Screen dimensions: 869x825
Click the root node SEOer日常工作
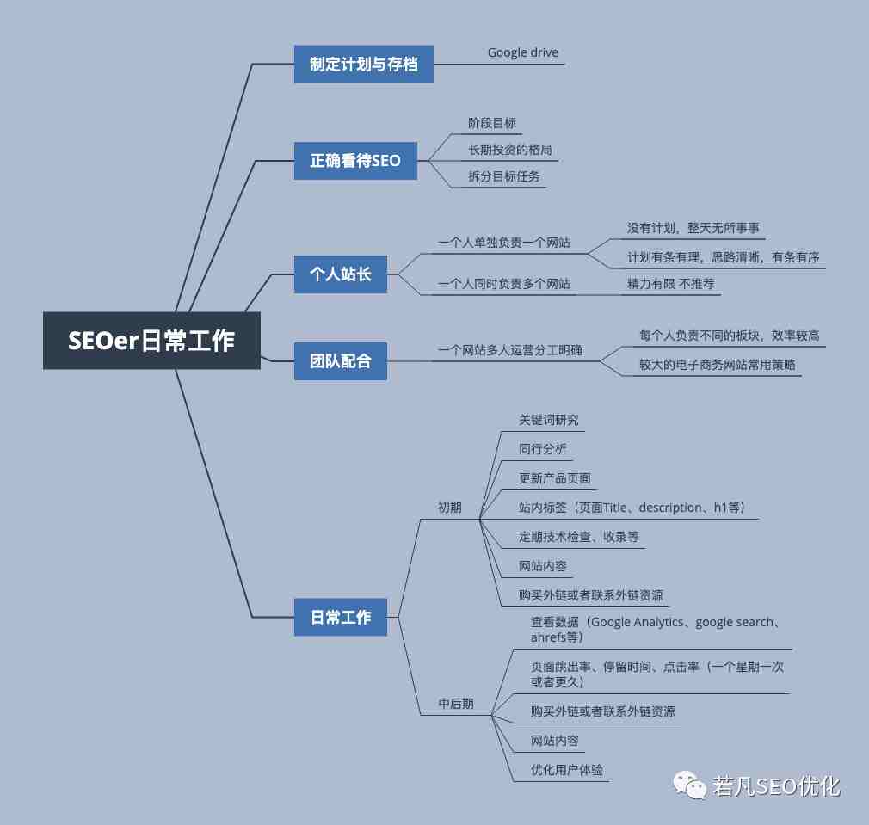click(151, 340)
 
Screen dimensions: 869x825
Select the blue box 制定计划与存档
click(364, 65)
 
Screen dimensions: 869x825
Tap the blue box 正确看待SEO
click(355, 161)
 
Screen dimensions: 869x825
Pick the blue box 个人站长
click(340, 274)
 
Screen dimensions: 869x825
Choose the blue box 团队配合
click(340, 361)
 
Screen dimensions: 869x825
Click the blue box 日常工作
click(340, 617)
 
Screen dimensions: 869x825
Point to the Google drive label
click(522, 52)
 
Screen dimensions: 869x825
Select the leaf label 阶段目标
click(492, 123)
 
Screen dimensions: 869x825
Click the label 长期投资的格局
click(510, 150)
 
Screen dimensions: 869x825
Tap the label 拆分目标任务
click(504, 176)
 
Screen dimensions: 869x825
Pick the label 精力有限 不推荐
click(670, 284)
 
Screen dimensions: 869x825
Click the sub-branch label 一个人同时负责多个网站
click(504, 284)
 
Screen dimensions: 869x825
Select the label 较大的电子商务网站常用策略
click(718, 365)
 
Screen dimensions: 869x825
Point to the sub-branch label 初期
click(449, 508)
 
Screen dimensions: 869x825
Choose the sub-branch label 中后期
click(455, 704)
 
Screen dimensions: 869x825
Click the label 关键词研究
click(548, 420)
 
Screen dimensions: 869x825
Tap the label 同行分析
click(542, 449)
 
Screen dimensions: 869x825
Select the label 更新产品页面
click(554, 478)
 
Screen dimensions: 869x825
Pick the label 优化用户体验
click(566, 770)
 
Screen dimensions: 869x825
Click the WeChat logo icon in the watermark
click(689, 785)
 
